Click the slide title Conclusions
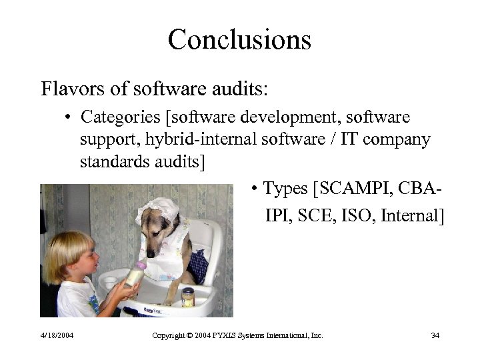point(239,39)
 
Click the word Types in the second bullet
point(285,189)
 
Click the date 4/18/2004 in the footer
point(57,335)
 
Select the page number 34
point(435,335)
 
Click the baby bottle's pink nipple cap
point(141,265)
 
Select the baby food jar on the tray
point(189,297)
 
